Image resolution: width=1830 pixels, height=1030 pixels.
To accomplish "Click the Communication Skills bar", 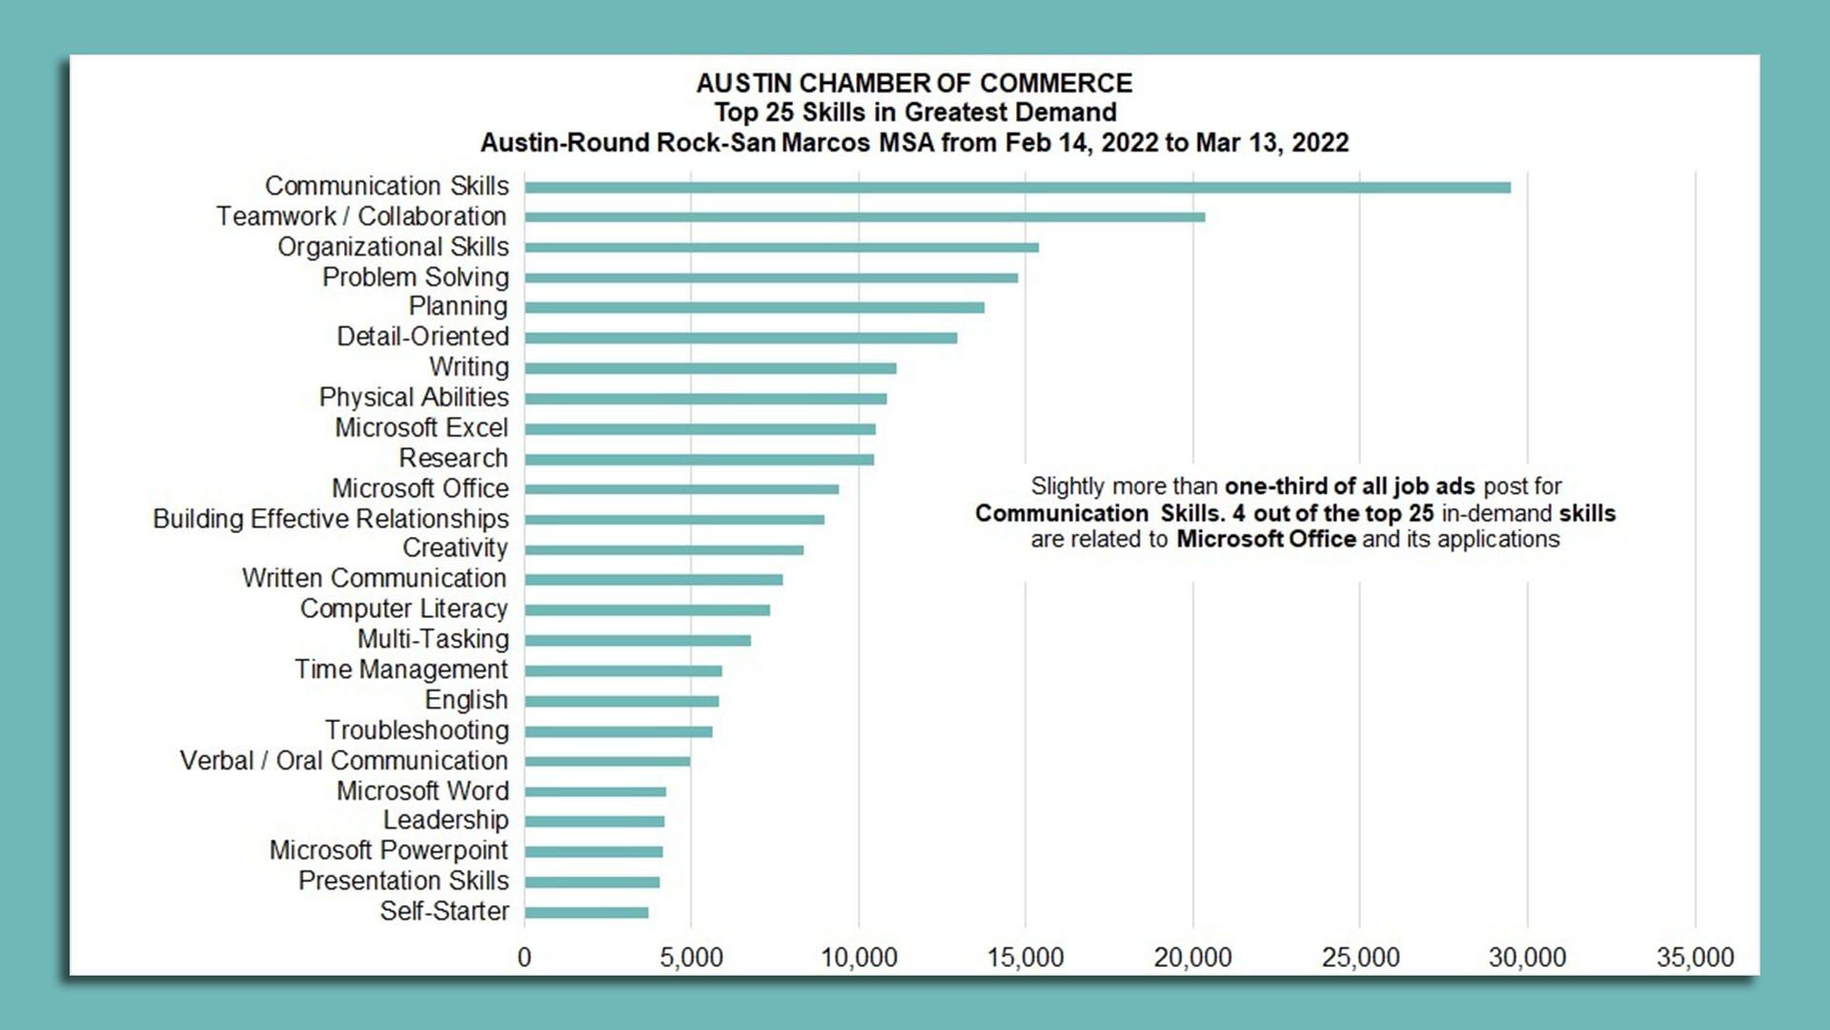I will coord(1017,187).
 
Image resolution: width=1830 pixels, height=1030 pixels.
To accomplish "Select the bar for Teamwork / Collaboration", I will coord(864,217).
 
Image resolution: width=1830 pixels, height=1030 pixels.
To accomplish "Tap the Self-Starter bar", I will coord(586,913).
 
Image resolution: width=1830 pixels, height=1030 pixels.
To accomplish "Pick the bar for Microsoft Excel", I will coord(700,429).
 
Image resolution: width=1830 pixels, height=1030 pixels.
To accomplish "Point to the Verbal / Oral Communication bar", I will coord(607,761).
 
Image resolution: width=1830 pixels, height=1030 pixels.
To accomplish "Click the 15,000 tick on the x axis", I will coord(1026,957).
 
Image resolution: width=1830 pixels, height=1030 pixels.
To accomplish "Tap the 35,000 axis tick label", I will coord(1695,957).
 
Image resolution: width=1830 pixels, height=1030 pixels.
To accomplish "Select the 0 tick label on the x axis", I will coord(524,957).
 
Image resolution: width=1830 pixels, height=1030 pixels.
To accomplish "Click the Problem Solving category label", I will coord(416,277).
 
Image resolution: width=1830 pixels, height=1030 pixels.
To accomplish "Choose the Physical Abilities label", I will coord(414,397).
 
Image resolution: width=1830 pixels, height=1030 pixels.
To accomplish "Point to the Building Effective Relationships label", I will coord(331,519).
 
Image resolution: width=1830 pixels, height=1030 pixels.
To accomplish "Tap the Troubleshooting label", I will coord(417,731).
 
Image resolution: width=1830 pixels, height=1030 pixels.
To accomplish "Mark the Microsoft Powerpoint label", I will coord(389,851).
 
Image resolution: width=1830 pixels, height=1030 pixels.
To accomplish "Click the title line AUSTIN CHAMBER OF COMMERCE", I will coord(914,84).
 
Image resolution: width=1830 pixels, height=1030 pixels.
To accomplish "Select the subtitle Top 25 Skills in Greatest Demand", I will coord(915,113).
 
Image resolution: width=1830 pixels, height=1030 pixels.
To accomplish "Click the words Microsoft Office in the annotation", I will coord(1266,540).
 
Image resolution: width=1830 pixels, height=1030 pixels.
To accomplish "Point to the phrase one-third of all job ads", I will coord(1350,486).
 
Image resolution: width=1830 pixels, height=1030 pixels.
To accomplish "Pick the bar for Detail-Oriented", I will coord(741,338).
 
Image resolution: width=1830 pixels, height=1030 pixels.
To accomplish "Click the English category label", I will coord(466,700).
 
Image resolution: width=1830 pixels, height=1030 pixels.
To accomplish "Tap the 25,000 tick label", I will coord(1360,957).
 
